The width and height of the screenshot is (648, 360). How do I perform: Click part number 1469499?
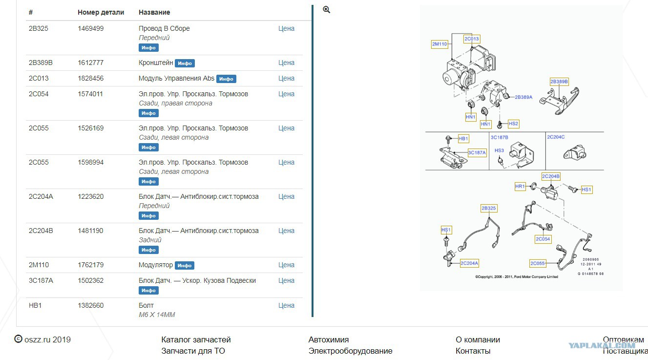coord(90,28)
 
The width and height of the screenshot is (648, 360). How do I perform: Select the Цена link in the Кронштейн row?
coord(286,63)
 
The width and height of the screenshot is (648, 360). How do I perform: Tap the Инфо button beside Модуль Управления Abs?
coord(226,79)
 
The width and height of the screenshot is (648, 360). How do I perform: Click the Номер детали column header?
coord(101,12)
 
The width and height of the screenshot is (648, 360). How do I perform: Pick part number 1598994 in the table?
coord(90,162)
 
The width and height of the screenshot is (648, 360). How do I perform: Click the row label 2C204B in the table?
coord(41,231)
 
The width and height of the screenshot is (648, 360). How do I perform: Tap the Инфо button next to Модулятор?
coord(185,265)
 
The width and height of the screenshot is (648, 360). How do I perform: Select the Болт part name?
coord(146,305)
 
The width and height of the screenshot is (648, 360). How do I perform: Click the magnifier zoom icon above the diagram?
coord(326,10)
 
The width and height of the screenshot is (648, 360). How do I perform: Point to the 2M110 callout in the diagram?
coord(439,44)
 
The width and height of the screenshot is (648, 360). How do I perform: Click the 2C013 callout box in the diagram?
coord(472,39)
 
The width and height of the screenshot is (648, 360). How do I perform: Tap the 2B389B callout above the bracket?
coord(559,82)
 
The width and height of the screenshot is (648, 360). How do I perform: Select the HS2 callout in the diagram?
coord(513,124)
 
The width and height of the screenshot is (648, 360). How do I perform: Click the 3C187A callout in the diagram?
coord(477,152)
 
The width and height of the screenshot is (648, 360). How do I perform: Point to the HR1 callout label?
coord(520,187)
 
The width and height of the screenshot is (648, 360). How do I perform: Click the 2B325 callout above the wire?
coord(489,208)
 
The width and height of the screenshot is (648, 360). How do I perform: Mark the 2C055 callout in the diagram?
coord(538,263)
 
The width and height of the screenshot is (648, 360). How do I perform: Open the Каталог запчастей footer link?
coord(196,339)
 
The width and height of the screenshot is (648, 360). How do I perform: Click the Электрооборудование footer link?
coord(350,351)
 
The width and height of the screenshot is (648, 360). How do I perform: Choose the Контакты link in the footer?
coord(473,351)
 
